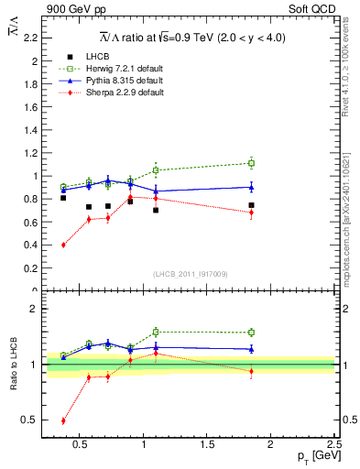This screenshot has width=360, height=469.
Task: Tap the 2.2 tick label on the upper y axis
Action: click(31, 38)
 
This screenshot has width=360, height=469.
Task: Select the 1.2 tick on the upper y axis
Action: click(31, 153)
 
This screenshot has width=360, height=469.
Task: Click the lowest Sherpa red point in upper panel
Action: click(63, 245)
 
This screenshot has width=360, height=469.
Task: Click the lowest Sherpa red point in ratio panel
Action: click(63, 420)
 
